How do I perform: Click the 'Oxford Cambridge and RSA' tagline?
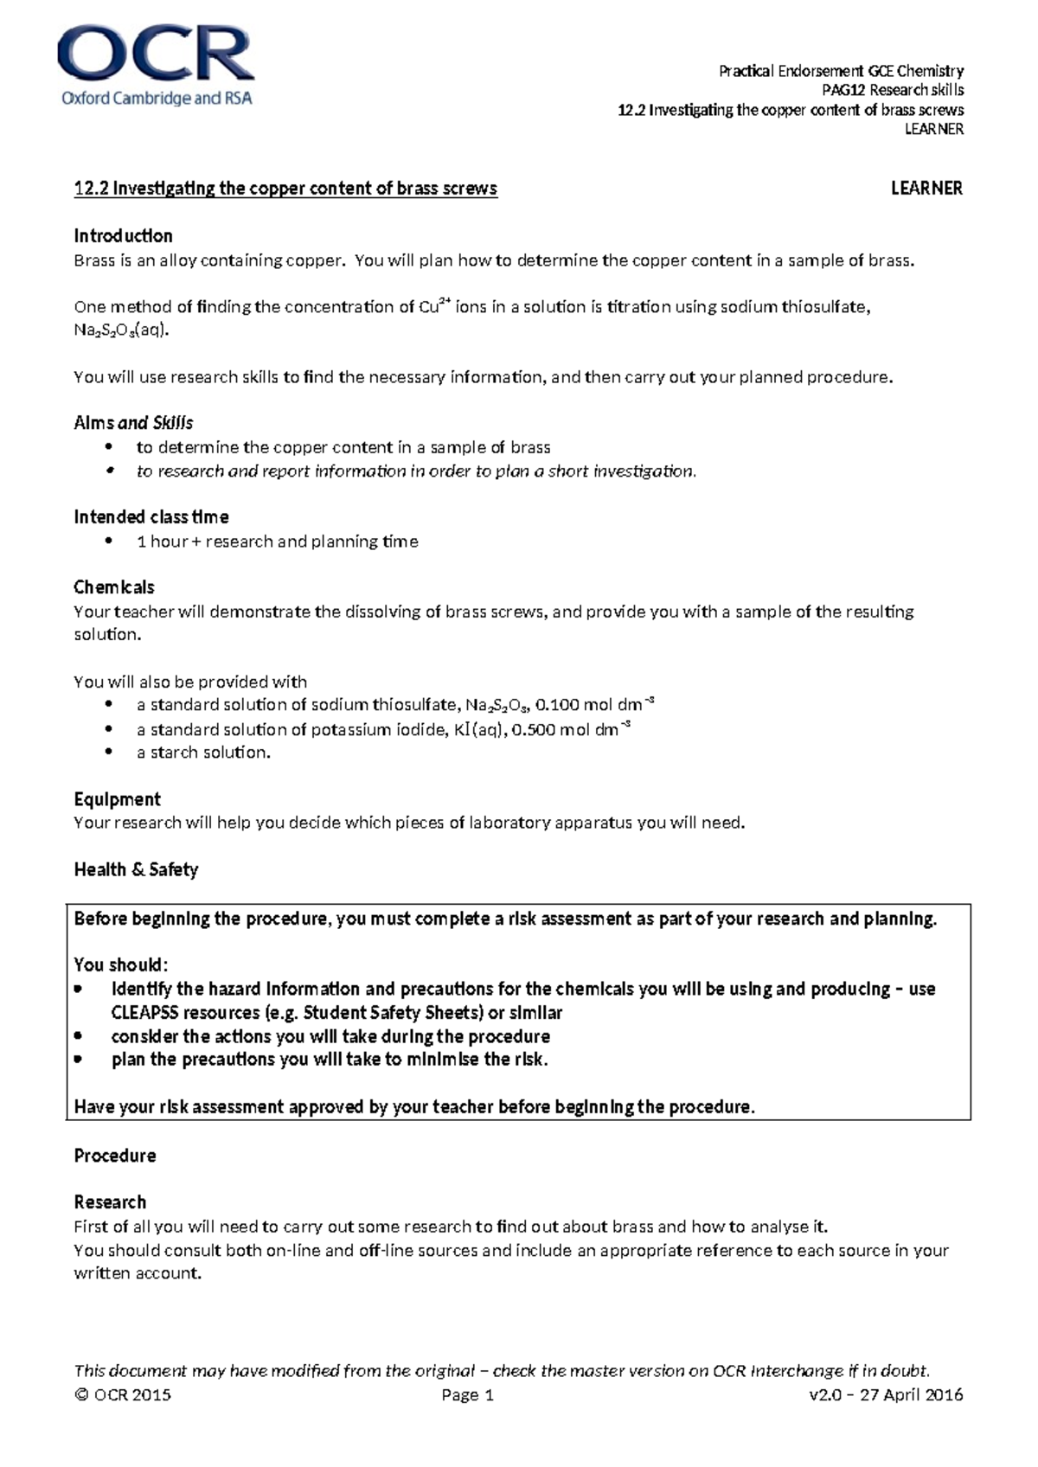[x=157, y=99]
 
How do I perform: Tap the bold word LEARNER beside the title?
[x=926, y=189]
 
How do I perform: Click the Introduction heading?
[x=123, y=236]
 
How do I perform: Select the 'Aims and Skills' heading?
[x=133, y=423]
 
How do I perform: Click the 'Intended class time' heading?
[x=151, y=517]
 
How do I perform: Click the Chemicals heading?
[x=114, y=587]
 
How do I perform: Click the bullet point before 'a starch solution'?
[x=108, y=753]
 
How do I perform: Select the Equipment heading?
[x=118, y=799]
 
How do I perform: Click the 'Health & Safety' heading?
[x=136, y=870]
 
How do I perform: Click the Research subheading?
[x=110, y=1202]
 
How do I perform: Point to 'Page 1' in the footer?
[x=467, y=1395]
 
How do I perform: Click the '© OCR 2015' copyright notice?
[x=123, y=1395]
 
